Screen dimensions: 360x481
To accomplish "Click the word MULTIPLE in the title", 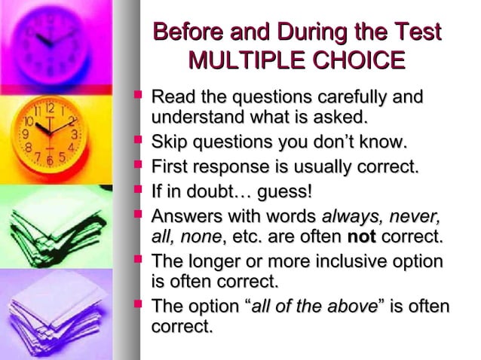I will click(x=239, y=60).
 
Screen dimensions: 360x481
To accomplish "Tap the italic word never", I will click(x=414, y=217).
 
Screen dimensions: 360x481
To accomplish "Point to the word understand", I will click(x=185, y=117).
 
